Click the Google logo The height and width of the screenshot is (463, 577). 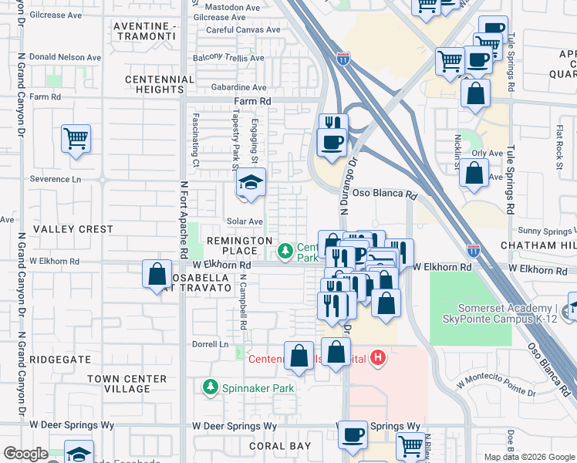click(x=25, y=454)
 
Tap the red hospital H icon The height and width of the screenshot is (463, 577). click(x=378, y=357)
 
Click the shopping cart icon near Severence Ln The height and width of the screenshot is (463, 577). click(x=76, y=140)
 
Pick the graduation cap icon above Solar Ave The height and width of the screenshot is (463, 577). click(x=251, y=183)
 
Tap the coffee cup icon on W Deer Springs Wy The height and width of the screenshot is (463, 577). click(x=353, y=435)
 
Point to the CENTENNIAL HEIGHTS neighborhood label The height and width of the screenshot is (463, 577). click(x=160, y=84)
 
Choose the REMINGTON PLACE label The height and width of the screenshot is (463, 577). click(x=239, y=245)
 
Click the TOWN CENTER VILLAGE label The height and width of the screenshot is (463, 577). click(x=127, y=384)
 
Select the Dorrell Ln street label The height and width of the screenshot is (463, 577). click(x=211, y=344)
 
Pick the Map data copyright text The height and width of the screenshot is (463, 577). click(x=528, y=457)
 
